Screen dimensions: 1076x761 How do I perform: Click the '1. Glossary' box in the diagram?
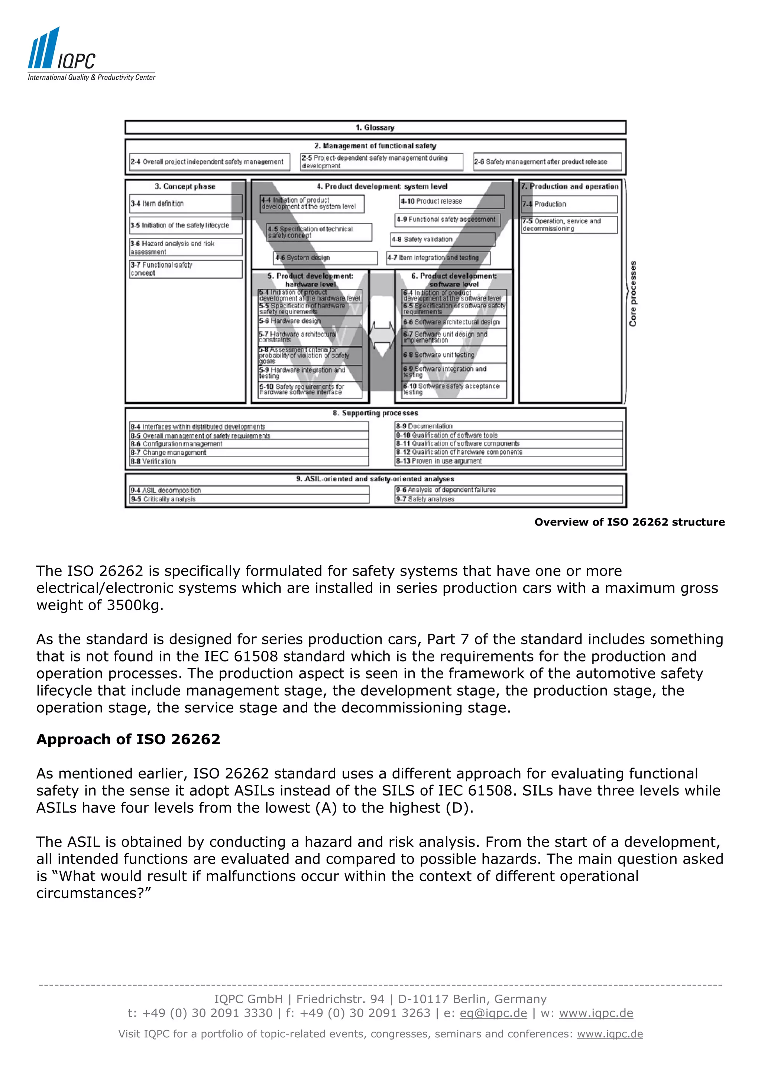click(375, 127)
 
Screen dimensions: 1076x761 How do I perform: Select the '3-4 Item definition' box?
click(186, 204)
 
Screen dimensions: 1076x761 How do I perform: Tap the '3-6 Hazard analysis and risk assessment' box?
click(186, 247)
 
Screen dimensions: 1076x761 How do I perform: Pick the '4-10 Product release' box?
click(451, 202)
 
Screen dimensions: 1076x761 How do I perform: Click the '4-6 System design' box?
click(326, 258)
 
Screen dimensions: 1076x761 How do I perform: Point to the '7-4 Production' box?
click(569, 204)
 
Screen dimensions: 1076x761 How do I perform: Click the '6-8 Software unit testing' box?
click(454, 355)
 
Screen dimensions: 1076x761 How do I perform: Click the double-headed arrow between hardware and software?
click(382, 335)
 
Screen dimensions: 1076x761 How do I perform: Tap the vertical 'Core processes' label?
click(633, 293)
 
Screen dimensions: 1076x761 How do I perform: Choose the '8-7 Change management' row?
click(249, 453)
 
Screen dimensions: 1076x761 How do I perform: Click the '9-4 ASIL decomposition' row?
click(249, 490)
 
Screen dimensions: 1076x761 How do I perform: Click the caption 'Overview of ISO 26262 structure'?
click(629, 522)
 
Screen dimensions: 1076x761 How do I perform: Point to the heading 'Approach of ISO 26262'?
click(128, 739)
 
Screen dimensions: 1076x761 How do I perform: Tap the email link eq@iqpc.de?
click(493, 1013)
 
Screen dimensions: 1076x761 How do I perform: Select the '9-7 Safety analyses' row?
click(508, 499)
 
